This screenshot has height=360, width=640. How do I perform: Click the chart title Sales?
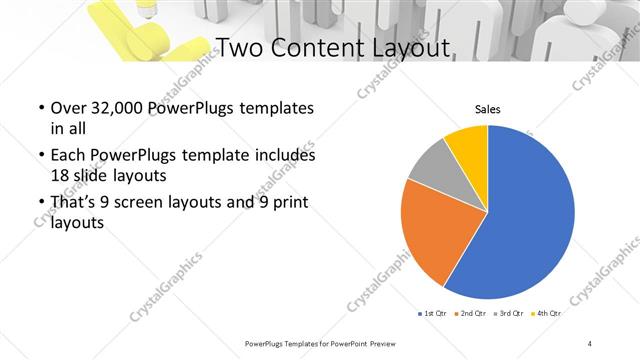(487, 110)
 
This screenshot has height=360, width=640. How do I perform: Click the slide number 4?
(590, 343)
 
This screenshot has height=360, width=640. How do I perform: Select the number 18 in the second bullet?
(60, 174)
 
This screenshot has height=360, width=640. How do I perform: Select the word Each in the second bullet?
(69, 156)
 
